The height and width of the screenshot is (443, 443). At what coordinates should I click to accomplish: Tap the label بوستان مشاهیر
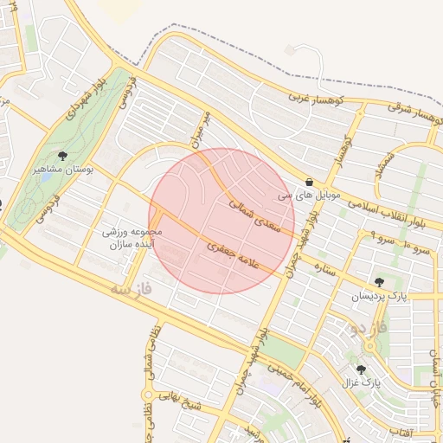click(62, 170)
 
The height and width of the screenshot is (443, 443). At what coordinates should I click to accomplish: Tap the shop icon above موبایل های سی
click(309, 182)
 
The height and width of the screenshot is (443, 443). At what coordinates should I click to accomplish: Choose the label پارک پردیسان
click(378, 297)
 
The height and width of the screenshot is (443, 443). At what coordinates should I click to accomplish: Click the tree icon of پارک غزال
click(361, 369)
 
